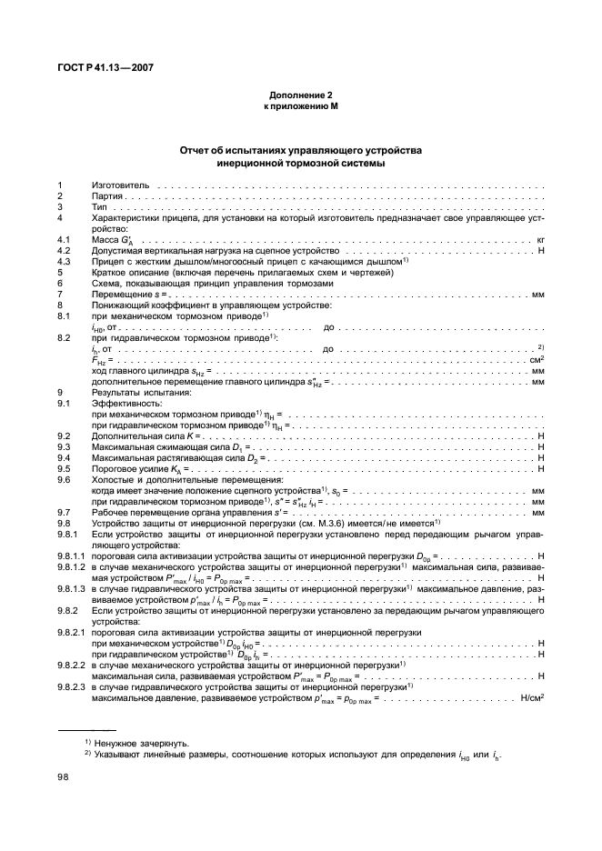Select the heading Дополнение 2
tap(301, 95)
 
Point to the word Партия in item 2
tap(107, 195)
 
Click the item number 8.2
tap(64, 337)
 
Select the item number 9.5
tap(64, 468)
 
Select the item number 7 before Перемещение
tap(60, 294)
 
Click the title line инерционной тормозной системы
tap(301, 164)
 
